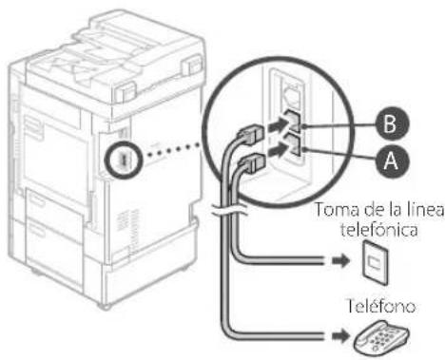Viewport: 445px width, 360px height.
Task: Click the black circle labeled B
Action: pos(391,123)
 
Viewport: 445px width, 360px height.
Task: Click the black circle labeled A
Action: pos(392,161)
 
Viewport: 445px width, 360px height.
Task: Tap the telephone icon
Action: pos(381,338)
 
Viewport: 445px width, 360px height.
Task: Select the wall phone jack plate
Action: pos(376,262)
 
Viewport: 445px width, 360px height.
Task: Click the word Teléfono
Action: pos(381,306)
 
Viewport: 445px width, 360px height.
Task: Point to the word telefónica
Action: pos(379,229)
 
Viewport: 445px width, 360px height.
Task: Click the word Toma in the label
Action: pos(337,210)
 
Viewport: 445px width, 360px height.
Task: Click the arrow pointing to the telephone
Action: pos(340,336)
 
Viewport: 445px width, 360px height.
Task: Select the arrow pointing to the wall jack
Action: pos(340,261)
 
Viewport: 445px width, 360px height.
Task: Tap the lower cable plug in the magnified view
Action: pos(251,161)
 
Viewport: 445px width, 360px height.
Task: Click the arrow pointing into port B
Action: pos(276,125)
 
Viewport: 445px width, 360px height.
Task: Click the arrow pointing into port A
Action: pos(277,150)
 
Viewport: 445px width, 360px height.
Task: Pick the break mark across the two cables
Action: pos(229,210)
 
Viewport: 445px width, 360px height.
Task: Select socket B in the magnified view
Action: pos(292,121)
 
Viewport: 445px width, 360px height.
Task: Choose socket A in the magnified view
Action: pos(293,145)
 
